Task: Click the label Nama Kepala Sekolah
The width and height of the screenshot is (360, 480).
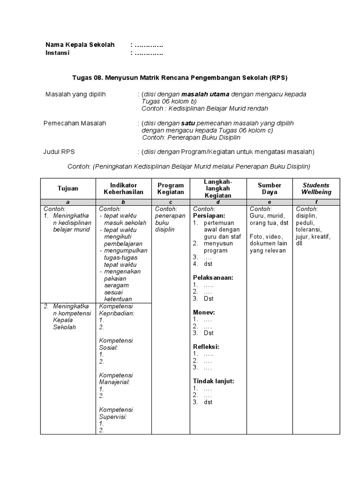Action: pyautogui.click(x=80, y=45)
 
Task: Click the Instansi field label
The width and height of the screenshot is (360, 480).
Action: pyautogui.click(x=57, y=53)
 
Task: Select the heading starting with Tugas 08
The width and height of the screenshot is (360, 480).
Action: pyautogui.click(x=180, y=77)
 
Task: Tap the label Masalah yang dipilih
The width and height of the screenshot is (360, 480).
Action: pyautogui.click(x=75, y=94)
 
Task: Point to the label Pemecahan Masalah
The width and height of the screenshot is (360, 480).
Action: pyautogui.click(x=75, y=123)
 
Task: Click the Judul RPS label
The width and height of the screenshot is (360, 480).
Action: pyautogui.click(x=59, y=152)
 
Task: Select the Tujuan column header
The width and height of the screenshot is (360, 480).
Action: pyautogui.click(x=68, y=188)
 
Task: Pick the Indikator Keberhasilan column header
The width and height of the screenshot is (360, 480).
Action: pyautogui.click(x=123, y=188)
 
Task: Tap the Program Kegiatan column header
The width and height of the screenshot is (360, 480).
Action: pyautogui.click(x=171, y=188)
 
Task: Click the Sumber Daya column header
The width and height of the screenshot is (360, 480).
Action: pyautogui.click(x=270, y=188)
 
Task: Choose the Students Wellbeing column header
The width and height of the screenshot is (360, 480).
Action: pyautogui.click(x=316, y=188)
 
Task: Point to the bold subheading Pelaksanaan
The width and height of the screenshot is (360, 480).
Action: pyautogui.click(x=213, y=277)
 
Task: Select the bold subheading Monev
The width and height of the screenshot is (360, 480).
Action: pyautogui.click(x=204, y=312)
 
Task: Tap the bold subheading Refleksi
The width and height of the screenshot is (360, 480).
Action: pyautogui.click(x=206, y=347)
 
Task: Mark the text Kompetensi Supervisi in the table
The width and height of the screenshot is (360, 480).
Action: pyautogui.click(x=116, y=412)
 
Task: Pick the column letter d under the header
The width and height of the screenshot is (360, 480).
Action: pyautogui.click(x=217, y=202)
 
